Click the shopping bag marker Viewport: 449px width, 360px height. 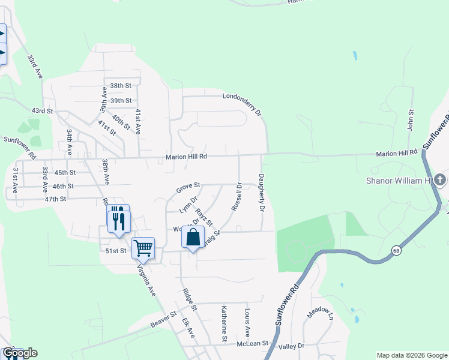(x=193, y=238)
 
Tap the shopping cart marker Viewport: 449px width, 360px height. (x=143, y=247)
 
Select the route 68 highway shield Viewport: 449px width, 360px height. (x=397, y=250)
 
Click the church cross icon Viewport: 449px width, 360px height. (x=440, y=179)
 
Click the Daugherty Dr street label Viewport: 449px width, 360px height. (x=262, y=193)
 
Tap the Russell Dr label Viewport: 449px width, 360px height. (x=236, y=196)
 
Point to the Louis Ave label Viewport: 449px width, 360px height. (x=247, y=322)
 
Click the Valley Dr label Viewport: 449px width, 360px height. (x=292, y=346)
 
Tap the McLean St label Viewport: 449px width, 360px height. (x=251, y=344)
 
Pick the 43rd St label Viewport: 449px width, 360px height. (x=42, y=111)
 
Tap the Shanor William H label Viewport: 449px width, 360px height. (x=399, y=180)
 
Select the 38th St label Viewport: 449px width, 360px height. (x=120, y=86)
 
